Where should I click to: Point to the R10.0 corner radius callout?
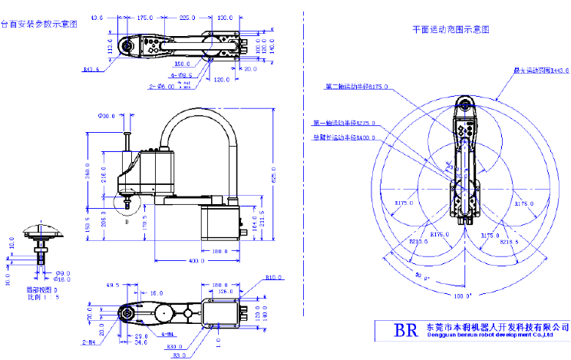point(274,277)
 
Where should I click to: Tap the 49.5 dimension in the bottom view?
point(114,285)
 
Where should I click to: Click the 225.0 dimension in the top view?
point(188,16)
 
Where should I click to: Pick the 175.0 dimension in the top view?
point(146,16)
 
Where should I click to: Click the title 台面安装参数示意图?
point(39,25)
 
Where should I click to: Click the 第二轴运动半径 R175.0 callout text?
point(356,87)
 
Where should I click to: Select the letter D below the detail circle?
point(126,223)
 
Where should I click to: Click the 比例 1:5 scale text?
point(41,297)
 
